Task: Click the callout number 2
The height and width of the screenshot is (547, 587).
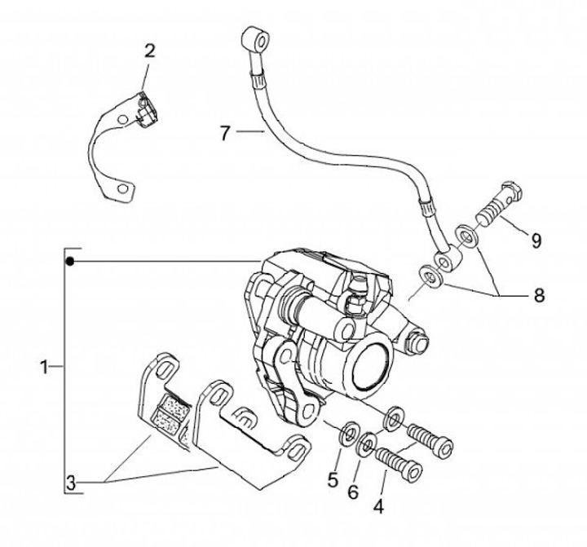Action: [x=149, y=51]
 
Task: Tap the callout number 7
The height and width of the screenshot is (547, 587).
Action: [x=225, y=133]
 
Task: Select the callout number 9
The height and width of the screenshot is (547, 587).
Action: [x=536, y=240]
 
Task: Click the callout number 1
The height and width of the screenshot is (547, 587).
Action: [x=45, y=367]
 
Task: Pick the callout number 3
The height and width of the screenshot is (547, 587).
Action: [x=71, y=483]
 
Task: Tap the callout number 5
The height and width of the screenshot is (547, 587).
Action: [x=333, y=479]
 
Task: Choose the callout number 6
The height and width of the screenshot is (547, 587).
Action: [x=353, y=492]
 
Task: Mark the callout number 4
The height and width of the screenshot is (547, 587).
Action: [x=378, y=506]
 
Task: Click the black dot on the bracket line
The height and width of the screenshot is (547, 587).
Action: [x=69, y=262]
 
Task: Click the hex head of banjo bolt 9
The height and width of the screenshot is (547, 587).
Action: [x=511, y=191]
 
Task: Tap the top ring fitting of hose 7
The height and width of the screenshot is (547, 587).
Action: [x=257, y=38]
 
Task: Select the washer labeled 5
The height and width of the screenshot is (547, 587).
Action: [x=348, y=434]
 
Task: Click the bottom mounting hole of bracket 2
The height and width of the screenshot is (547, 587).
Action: [x=121, y=188]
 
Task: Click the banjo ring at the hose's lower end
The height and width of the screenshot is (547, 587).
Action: [x=447, y=259]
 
